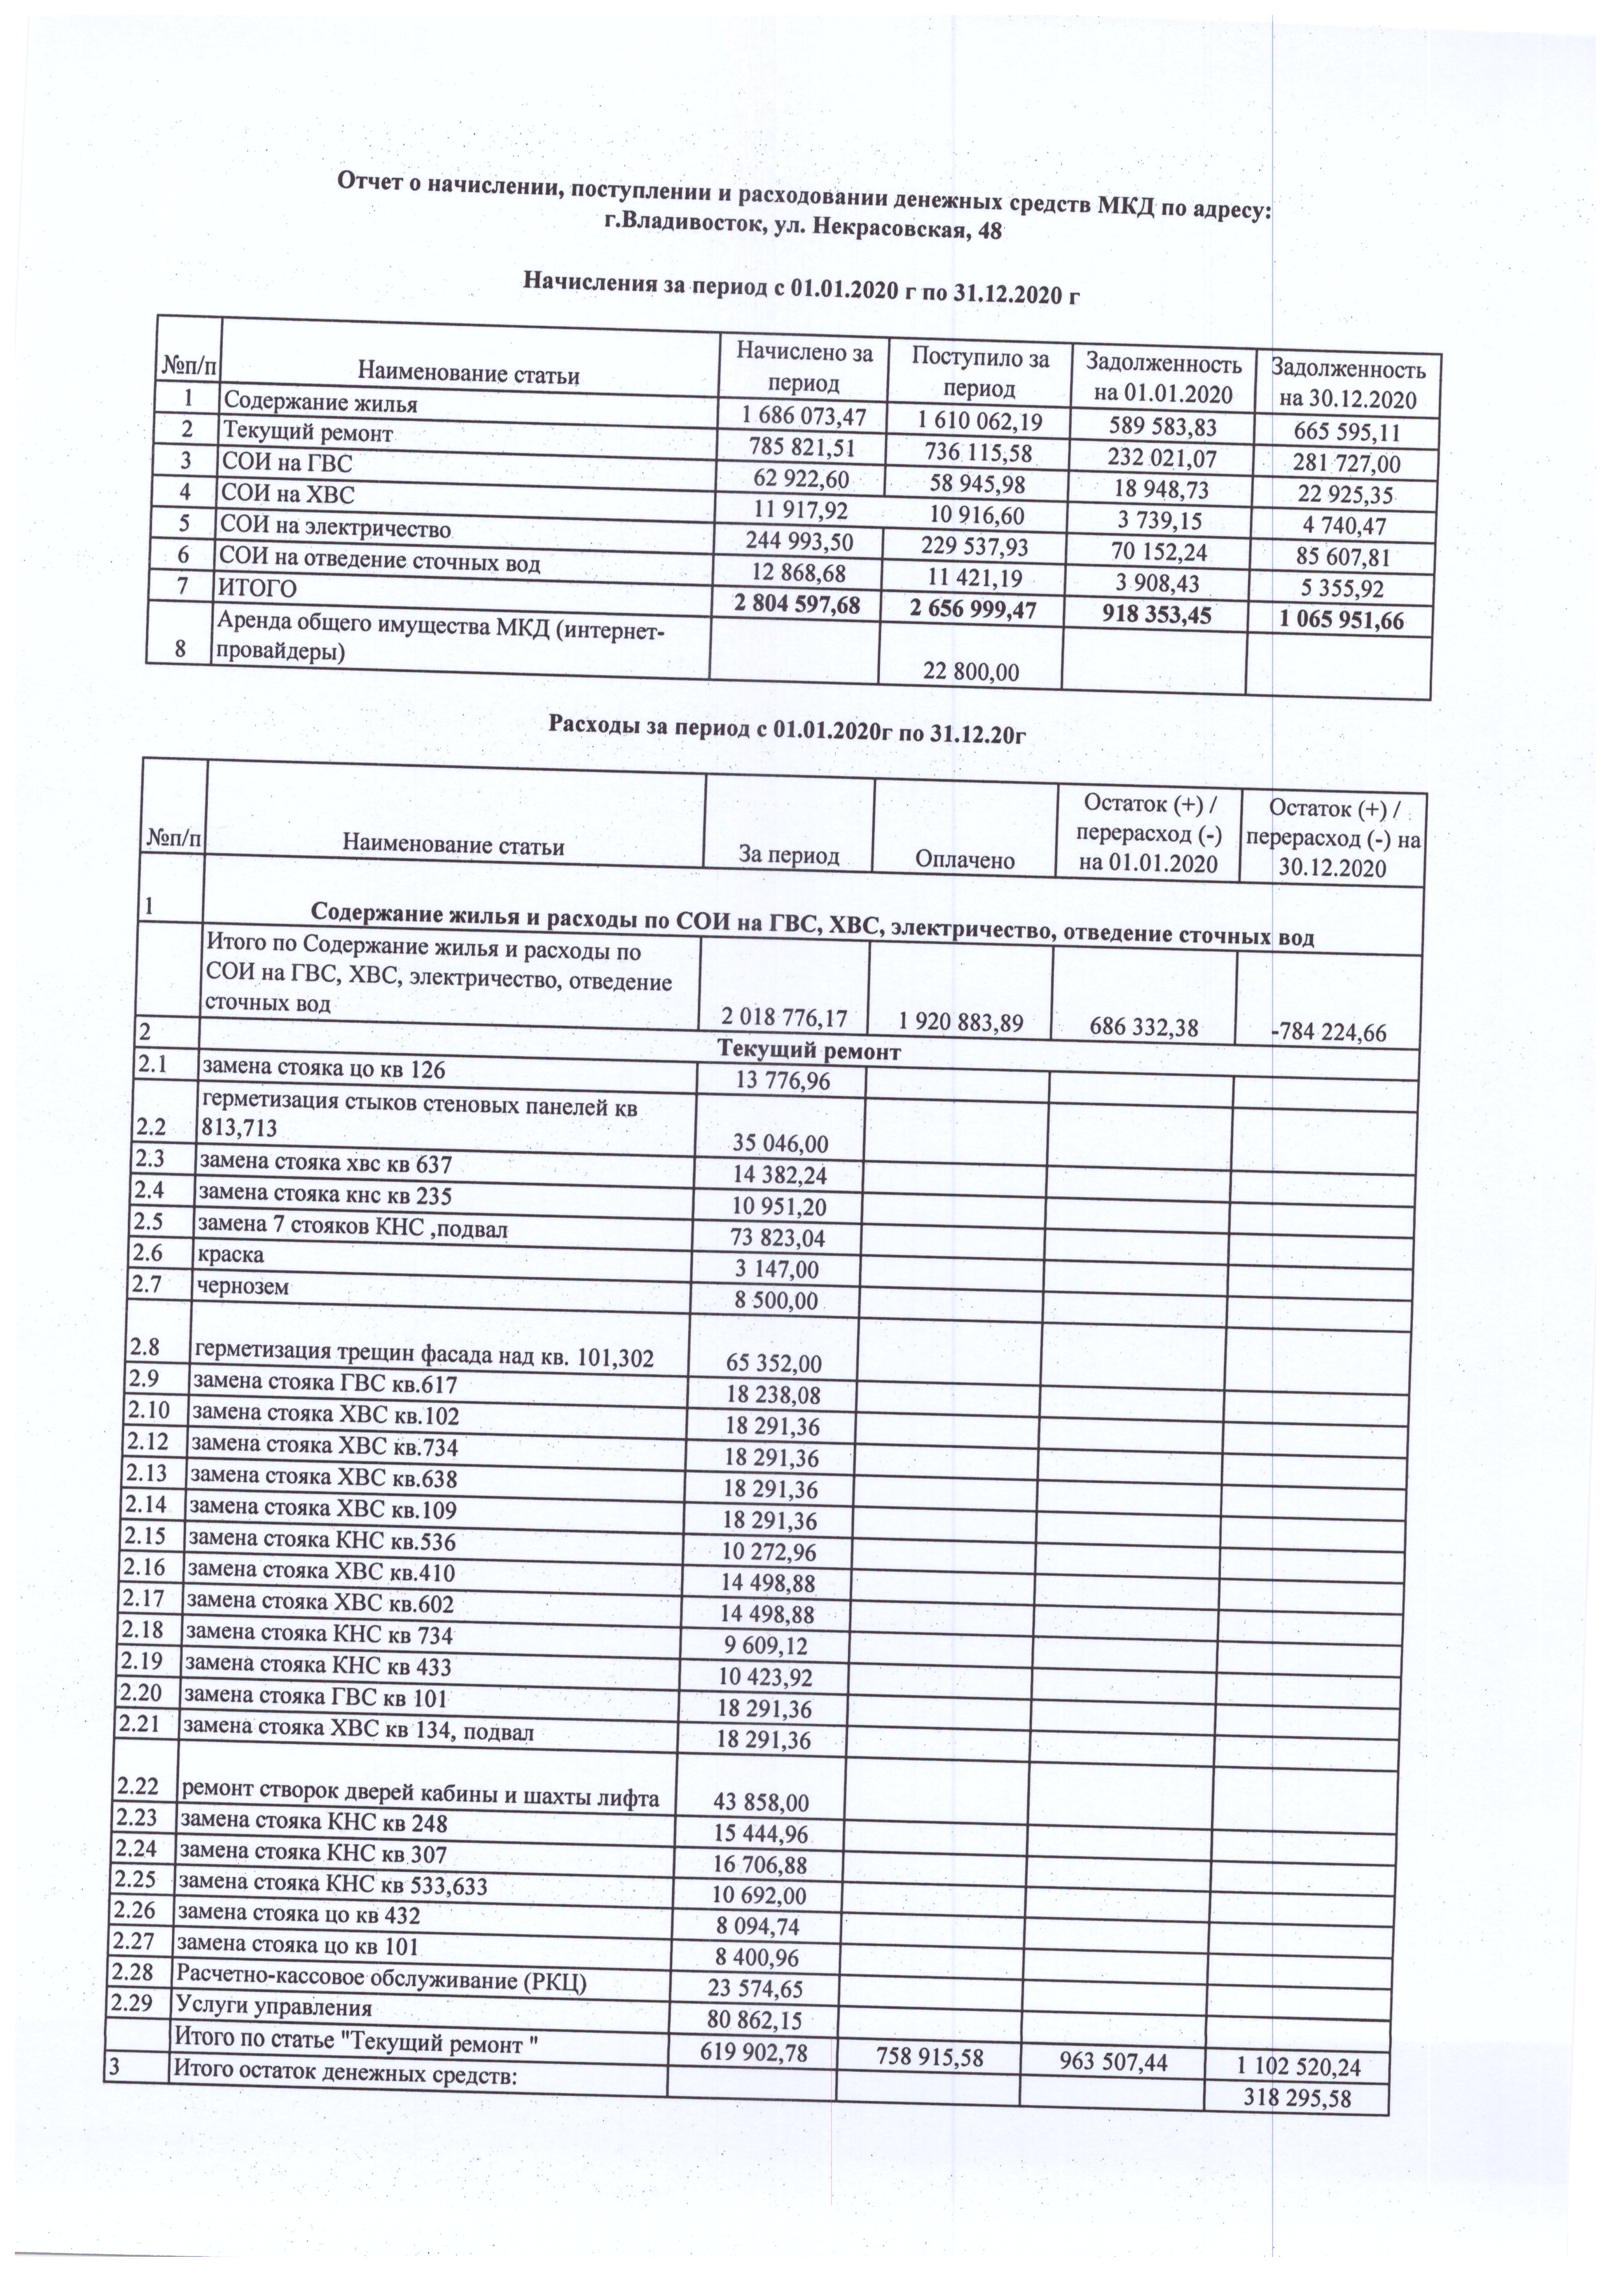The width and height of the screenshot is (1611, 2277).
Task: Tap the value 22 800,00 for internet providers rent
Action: coord(971,671)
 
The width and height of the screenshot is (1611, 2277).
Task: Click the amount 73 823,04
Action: coord(778,1238)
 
